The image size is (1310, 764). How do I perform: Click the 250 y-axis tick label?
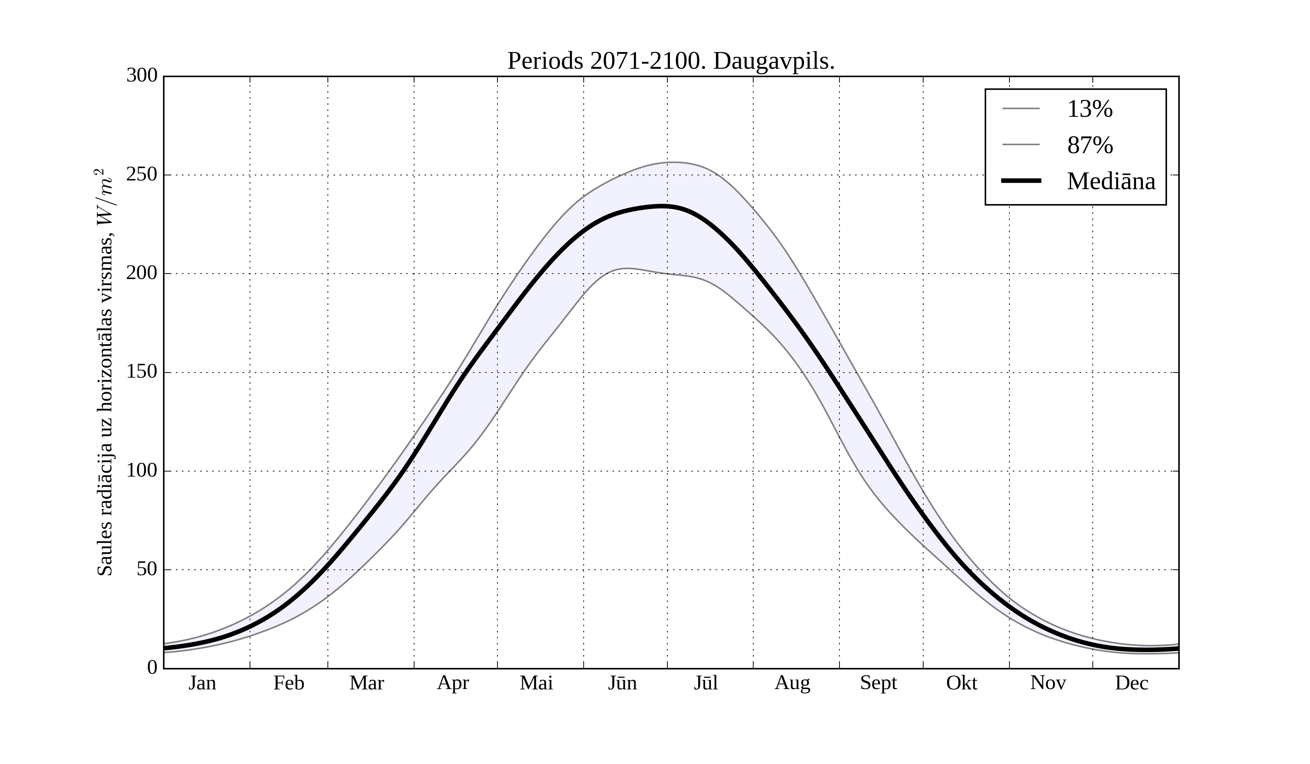[x=142, y=175]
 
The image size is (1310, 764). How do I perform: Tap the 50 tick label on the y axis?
[x=147, y=570]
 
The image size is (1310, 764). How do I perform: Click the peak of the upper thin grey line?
[x=672, y=162]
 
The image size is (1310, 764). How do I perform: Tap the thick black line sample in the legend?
[x=1021, y=181]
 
